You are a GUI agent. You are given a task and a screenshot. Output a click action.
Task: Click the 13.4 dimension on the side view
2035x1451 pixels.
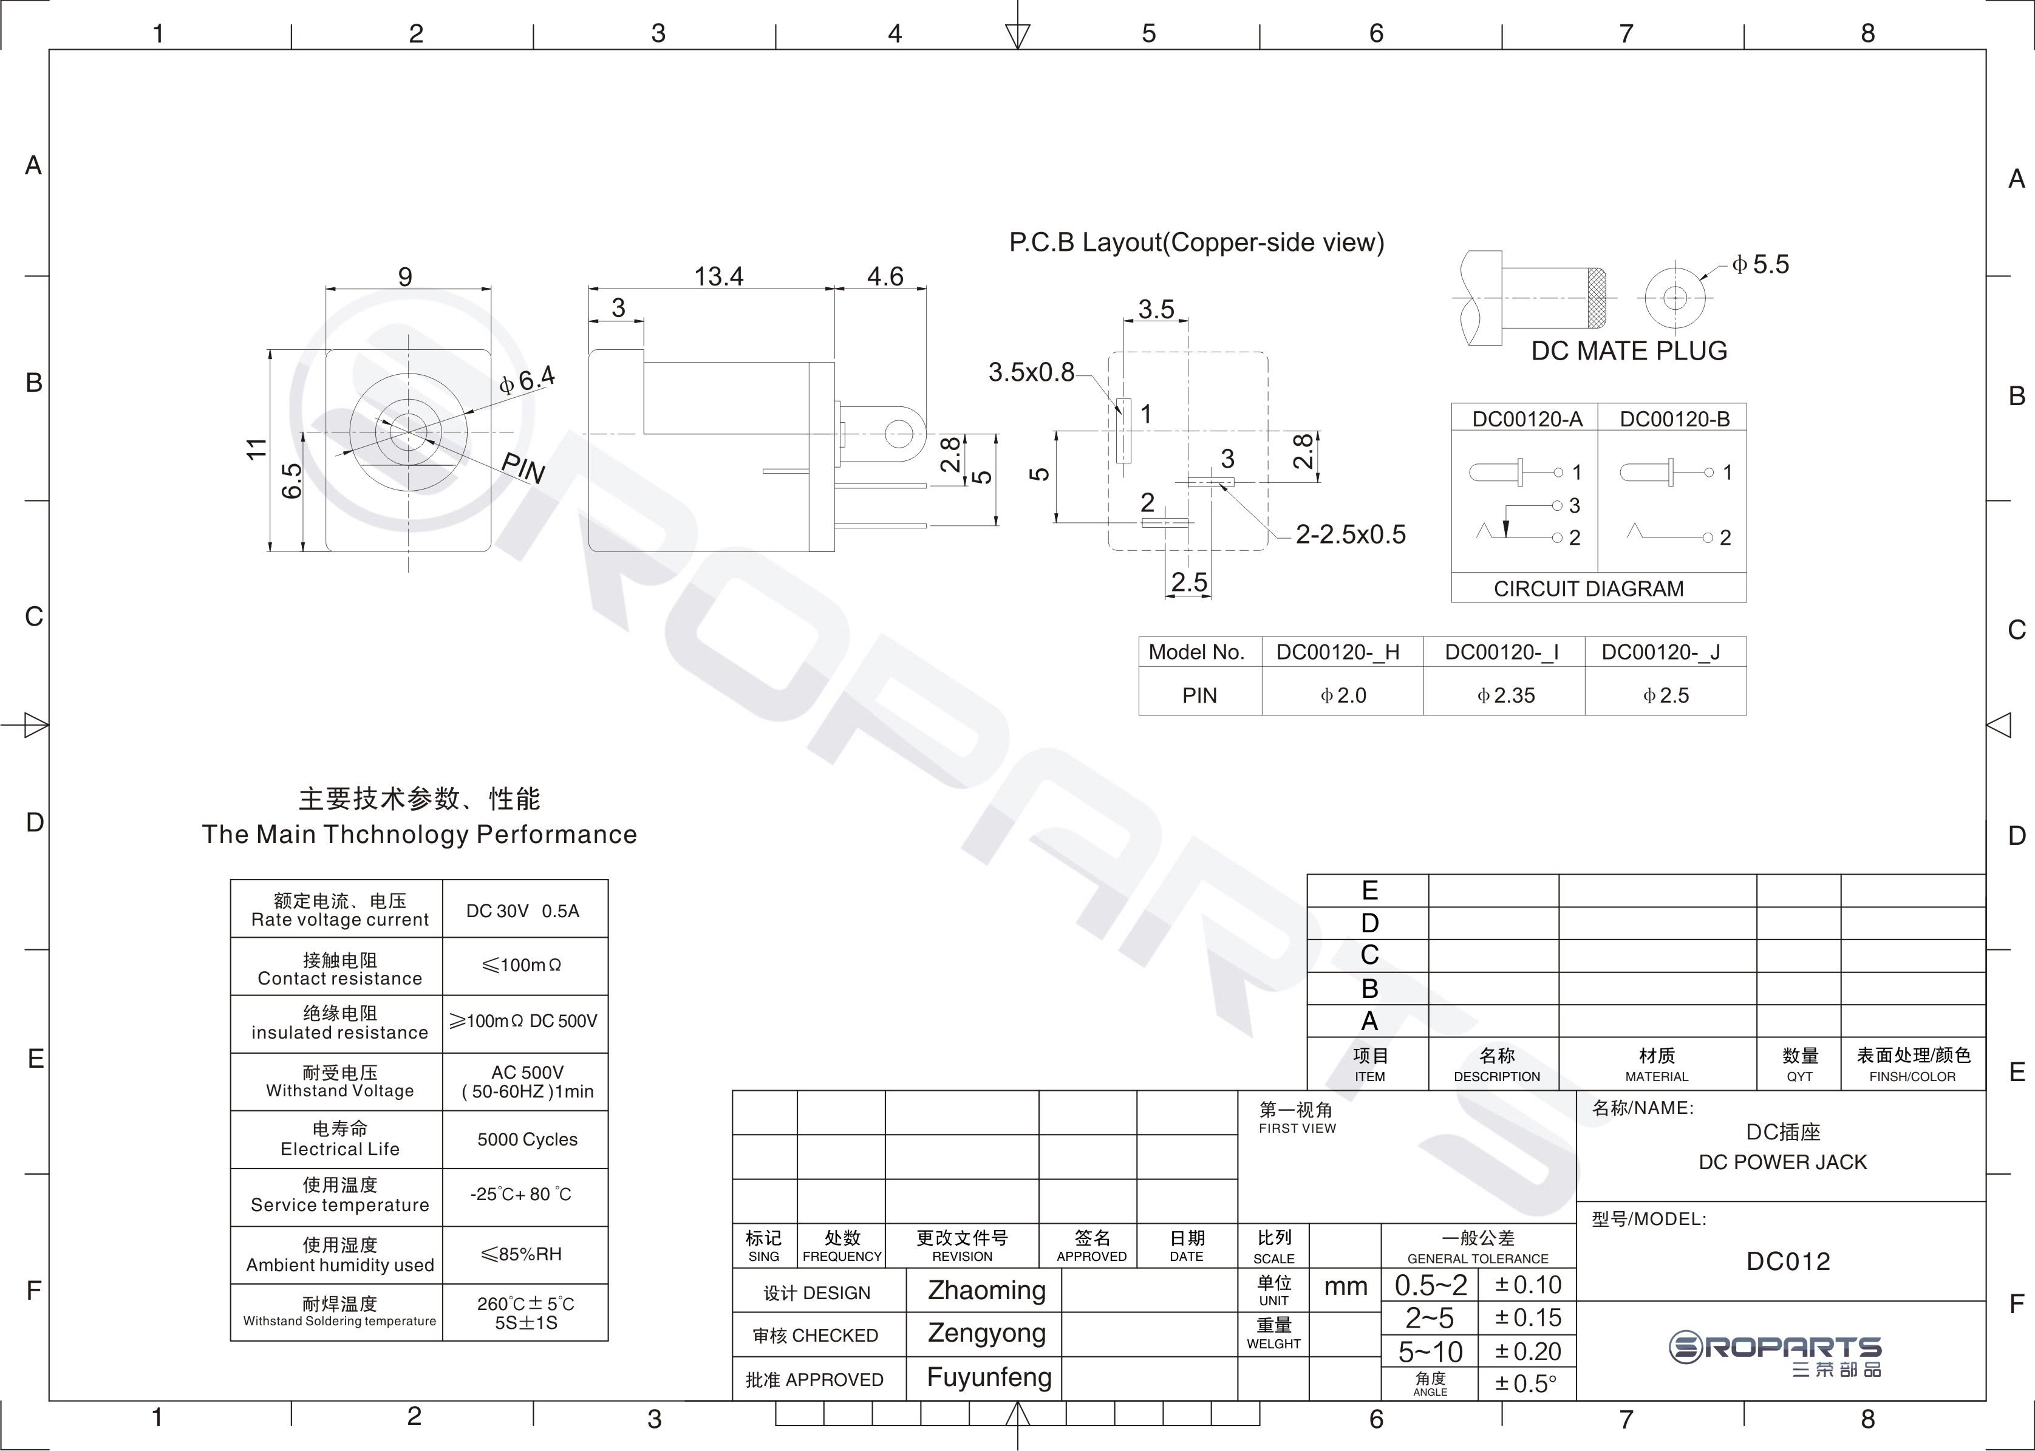718,276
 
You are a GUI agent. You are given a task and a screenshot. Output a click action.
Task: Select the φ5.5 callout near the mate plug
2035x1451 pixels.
1760,264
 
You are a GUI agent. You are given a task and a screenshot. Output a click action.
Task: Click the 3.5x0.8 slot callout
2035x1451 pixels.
1031,372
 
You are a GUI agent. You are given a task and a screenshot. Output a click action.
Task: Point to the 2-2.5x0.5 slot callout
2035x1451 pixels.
1351,534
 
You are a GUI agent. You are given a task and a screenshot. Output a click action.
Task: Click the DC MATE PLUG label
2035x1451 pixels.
1629,350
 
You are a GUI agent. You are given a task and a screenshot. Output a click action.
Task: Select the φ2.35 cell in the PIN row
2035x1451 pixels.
1506,695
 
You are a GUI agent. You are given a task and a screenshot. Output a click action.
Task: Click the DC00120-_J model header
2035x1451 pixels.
1661,652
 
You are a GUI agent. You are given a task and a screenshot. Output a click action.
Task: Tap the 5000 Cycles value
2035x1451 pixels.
527,1139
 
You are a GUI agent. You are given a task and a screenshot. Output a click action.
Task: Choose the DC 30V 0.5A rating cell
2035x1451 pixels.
523,910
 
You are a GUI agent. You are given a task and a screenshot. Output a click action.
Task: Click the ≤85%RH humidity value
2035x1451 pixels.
522,1254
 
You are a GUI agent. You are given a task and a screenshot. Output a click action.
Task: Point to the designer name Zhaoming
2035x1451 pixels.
986,1290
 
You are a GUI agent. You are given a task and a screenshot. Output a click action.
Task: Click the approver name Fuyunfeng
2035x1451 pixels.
989,1377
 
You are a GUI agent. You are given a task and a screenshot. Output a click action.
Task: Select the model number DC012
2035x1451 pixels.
1788,1261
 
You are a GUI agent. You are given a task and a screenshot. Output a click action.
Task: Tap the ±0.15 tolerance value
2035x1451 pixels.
1529,1318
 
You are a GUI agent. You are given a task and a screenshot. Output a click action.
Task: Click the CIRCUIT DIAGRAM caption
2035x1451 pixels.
1588,589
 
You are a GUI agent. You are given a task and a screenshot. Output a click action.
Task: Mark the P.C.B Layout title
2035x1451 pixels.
1196,242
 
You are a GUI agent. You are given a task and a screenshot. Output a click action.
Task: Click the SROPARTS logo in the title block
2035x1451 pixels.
1775,1354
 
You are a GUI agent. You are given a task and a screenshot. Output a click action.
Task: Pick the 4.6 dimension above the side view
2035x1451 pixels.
884,276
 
